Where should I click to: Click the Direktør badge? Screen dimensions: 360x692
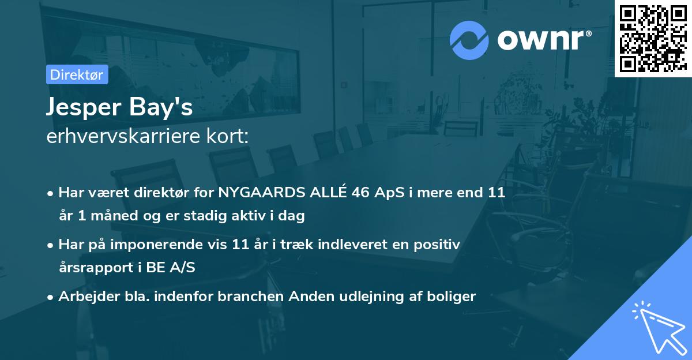77,74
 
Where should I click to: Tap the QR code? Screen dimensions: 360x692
653,39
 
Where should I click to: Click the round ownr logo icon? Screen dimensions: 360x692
469,40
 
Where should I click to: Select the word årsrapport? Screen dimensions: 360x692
91,269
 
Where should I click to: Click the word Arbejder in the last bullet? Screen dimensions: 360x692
83,297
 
